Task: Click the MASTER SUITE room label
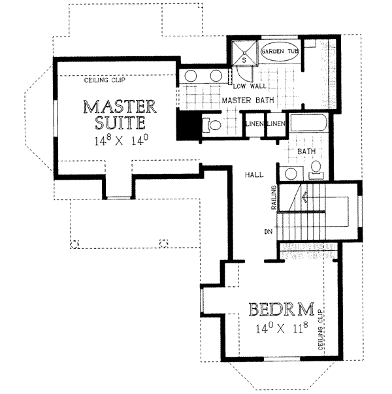point(120,114)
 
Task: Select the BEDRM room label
point(282,309)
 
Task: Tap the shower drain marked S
point(244,53)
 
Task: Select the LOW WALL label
point(250,86)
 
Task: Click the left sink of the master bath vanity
point(191,76)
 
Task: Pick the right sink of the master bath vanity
point(216,76)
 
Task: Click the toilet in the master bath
point(212,125)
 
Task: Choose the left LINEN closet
point(254,123)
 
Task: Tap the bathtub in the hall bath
point(309,123)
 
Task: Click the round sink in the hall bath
point(291,173)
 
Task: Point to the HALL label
point(254,174)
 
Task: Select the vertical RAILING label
point(274,197)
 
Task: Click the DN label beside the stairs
point(269,232)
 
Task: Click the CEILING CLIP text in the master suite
point(105,80)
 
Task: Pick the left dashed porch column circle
point(74,244)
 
